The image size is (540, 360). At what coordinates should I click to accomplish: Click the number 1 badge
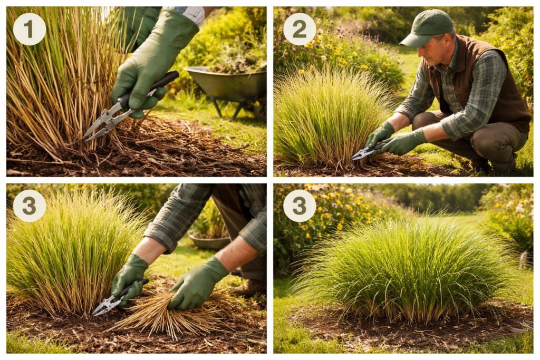[x=30, y=29]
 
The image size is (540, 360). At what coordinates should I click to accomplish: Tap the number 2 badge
[x=300, y=29]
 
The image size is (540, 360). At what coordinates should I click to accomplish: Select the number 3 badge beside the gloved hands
[x=30, y=206]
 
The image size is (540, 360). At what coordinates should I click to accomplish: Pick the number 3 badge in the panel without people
[x=300, y=206]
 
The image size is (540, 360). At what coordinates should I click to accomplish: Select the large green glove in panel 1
[x=151, y=62]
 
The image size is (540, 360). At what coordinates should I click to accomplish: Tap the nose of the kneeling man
[x=421, y=53]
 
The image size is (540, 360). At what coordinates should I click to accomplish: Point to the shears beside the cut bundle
[x=114, y=299]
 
